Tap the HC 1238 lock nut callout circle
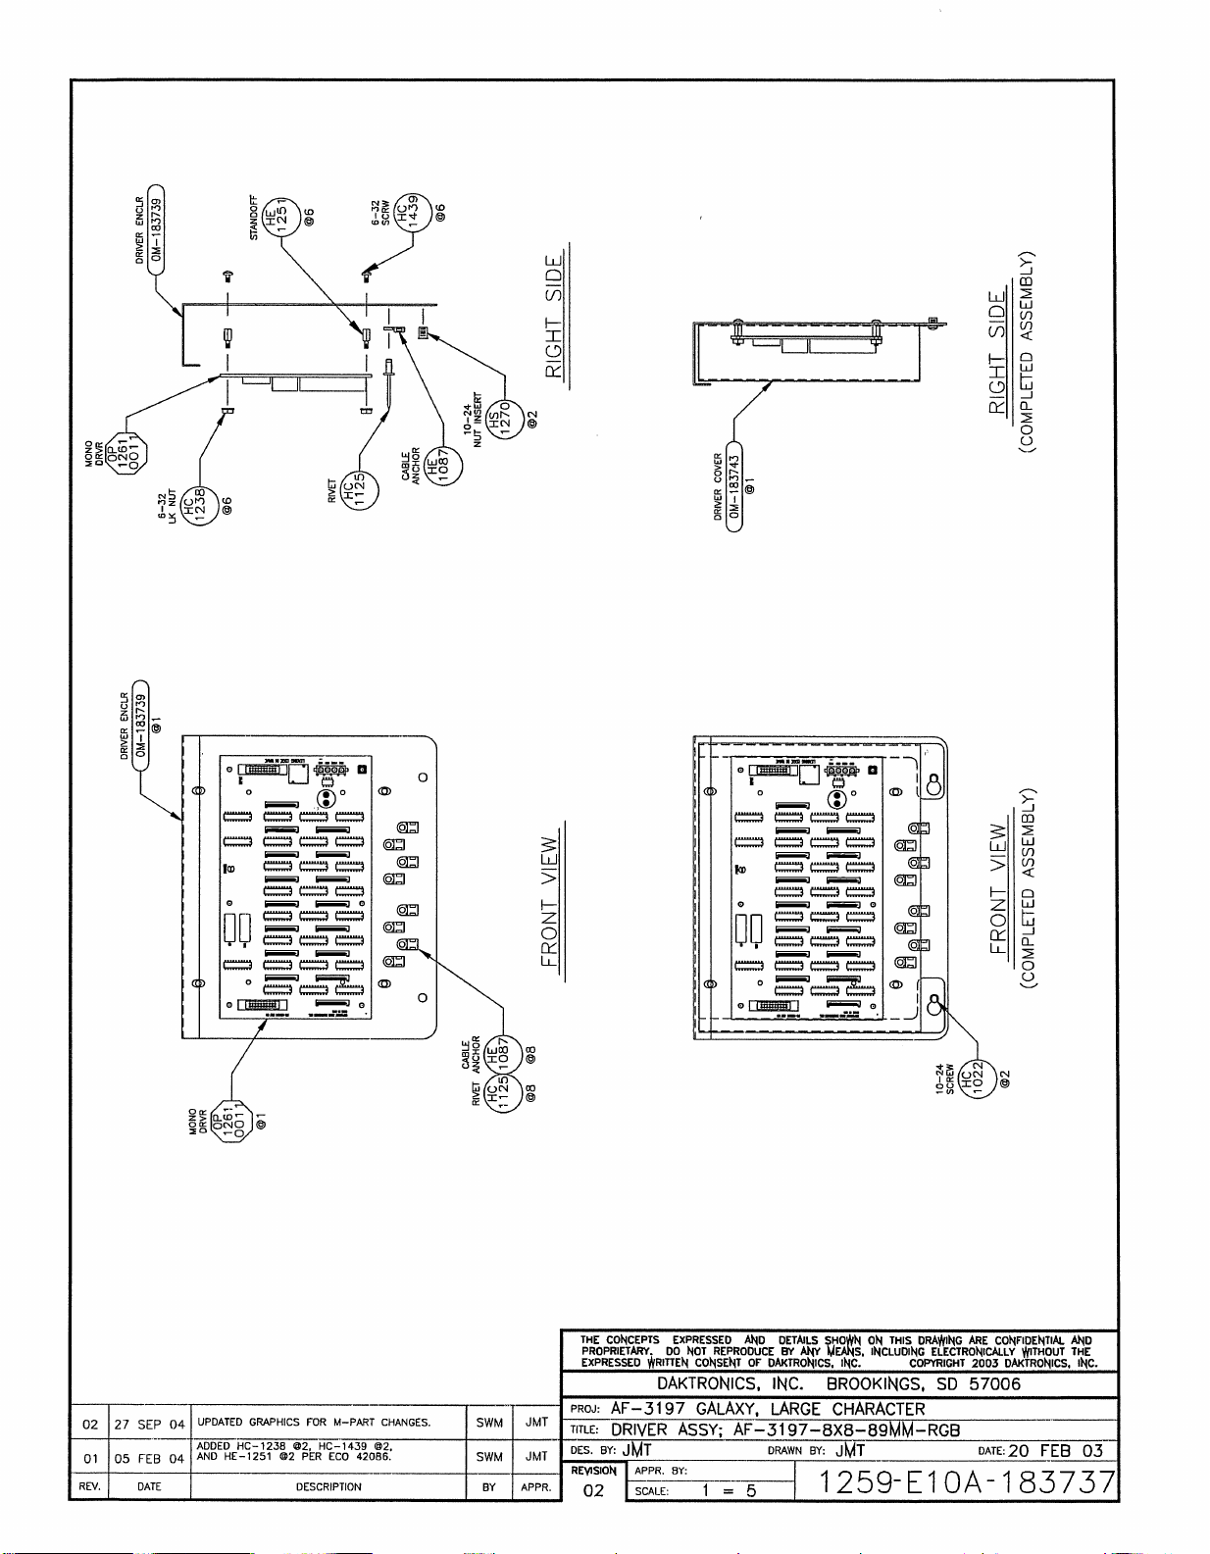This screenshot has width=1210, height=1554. click(x=200, y=508)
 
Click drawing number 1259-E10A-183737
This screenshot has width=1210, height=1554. click(x=967, y=1482)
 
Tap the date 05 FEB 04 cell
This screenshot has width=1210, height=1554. click(x=149, y=1458)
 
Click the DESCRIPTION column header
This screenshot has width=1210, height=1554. click(x=328, y=1486)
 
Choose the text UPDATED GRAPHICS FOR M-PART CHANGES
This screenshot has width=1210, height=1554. click(x=314, y=1422)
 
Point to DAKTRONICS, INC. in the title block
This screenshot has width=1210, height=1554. click(x=730, y=1384)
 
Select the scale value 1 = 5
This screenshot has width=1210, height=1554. click(x=729, y=1491)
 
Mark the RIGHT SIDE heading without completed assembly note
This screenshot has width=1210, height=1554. click(x=555, y=317)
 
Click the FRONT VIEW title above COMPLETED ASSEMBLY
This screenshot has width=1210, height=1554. click(x=999, y=887)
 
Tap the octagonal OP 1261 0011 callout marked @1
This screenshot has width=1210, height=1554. click(x=232, y=1127)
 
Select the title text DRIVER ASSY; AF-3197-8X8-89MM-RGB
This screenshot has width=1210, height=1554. click(x=784, y=1429)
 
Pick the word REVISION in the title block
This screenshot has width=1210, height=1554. click(x=593, y=1471)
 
